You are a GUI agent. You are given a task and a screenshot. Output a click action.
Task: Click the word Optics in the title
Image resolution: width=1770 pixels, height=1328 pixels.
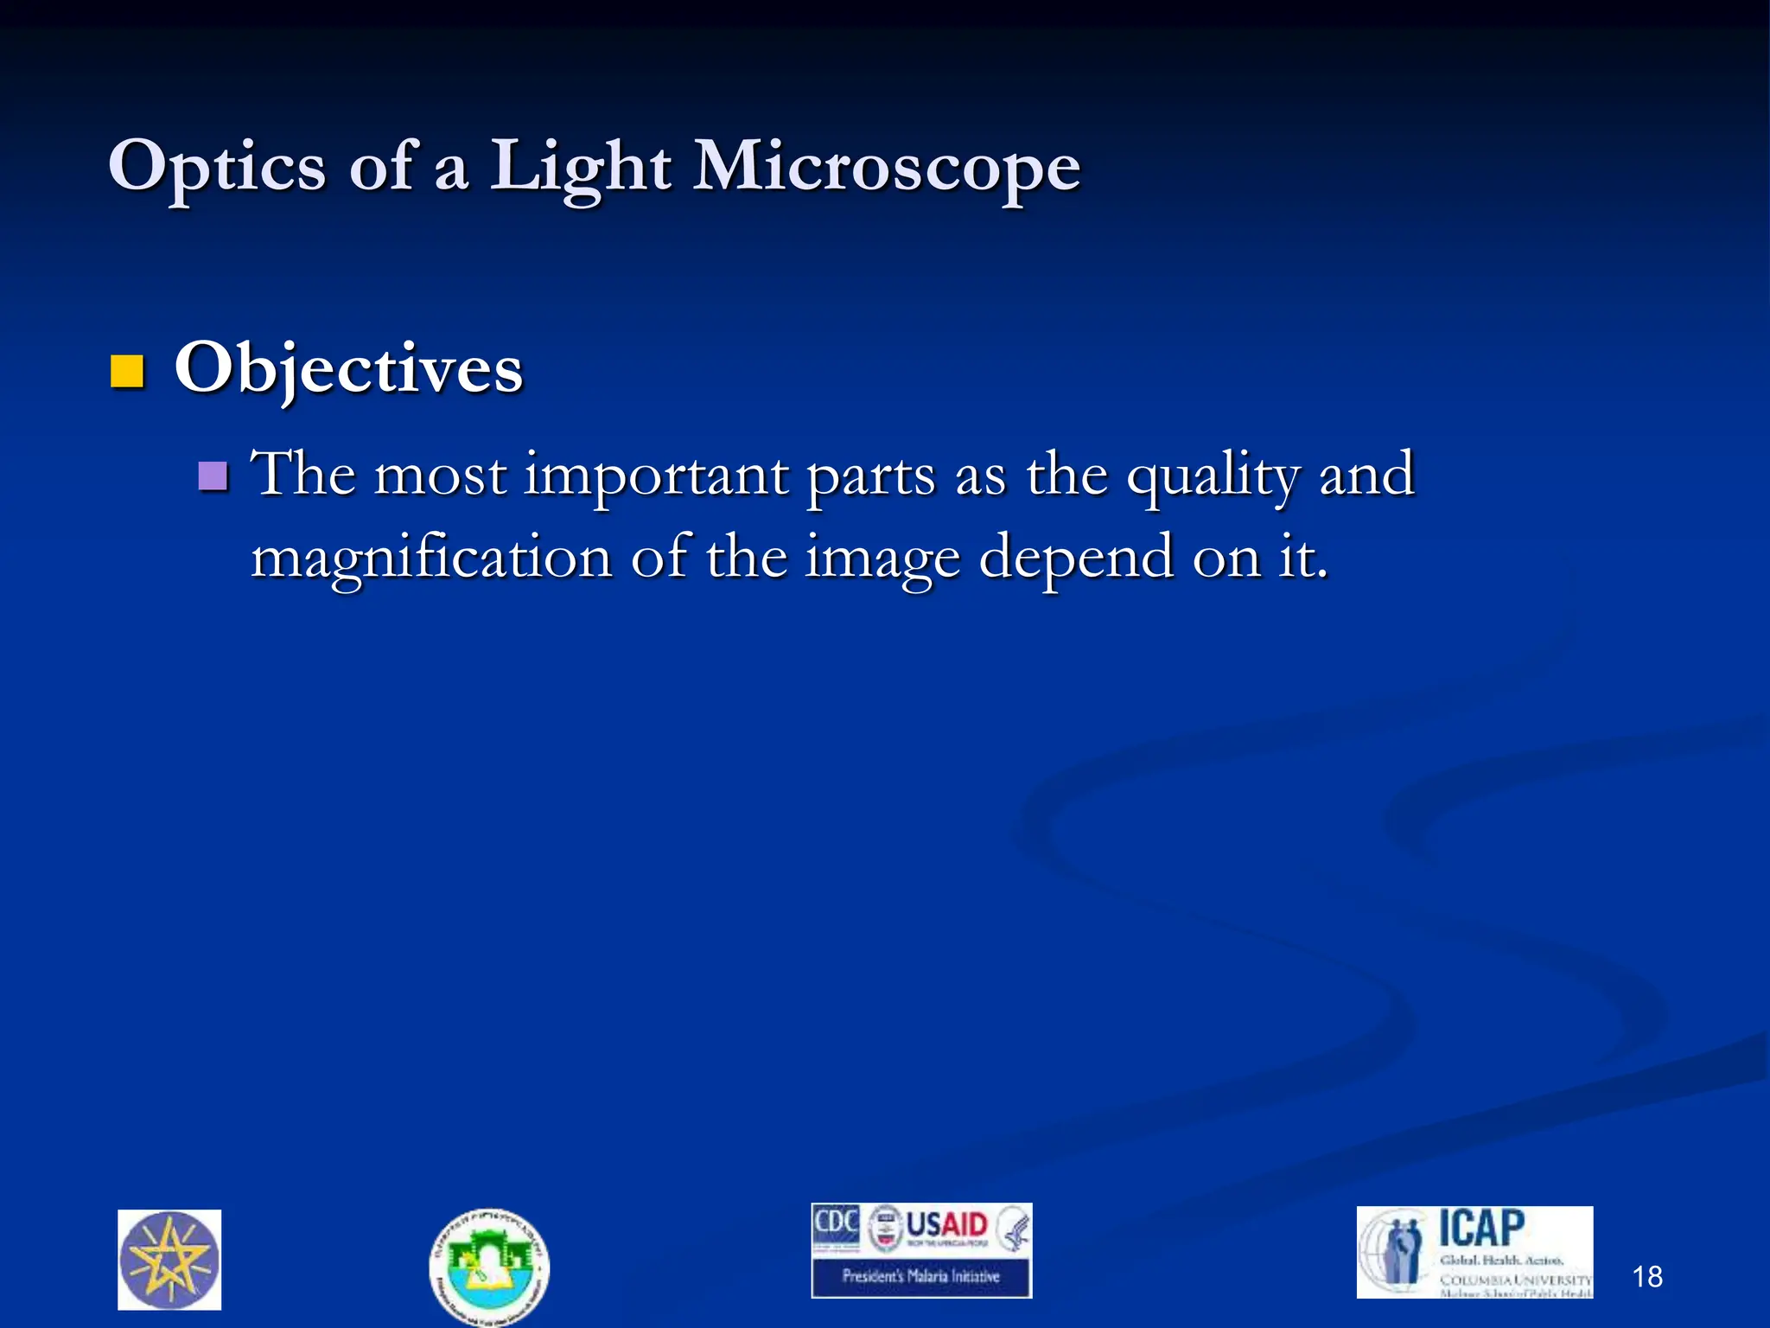(217, 167)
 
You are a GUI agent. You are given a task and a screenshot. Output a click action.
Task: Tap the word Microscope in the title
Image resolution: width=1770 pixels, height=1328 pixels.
(887, 167)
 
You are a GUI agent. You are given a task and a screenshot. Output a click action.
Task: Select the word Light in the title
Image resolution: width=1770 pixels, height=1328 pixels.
(580, 167)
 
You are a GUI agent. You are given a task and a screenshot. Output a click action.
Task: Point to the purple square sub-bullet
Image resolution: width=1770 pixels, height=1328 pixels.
(213, 476)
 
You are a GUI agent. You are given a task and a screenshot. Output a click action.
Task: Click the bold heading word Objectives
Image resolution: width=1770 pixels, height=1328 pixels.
(348, 369)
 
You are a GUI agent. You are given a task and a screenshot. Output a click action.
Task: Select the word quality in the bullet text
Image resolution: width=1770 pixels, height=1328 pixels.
(1213, 477)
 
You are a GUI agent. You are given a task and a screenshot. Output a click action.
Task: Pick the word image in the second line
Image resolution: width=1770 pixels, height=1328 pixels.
(882, 559)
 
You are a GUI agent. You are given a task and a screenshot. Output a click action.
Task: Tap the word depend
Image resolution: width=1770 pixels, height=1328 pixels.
(1076, 559)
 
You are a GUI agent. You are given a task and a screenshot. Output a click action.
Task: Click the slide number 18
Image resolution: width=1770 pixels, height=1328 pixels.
(1647, 1276)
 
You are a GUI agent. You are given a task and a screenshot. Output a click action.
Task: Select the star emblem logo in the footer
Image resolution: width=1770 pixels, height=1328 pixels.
(169, 1260)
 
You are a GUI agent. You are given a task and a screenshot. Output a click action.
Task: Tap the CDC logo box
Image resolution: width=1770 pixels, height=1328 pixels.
(836, 1227)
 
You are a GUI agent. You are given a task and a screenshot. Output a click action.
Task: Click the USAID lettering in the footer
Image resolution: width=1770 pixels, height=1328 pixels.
(946, 1225)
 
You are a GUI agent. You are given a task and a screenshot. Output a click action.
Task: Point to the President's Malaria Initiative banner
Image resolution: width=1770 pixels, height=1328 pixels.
(921, 1276)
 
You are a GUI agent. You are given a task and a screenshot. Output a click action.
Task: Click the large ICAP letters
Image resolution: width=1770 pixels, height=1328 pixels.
(1481, 1228)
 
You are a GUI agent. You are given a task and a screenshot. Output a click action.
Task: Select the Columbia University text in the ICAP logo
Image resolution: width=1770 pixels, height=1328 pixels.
(1515, 1279)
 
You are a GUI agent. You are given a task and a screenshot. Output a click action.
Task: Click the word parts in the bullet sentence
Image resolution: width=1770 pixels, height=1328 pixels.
(870, 477)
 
